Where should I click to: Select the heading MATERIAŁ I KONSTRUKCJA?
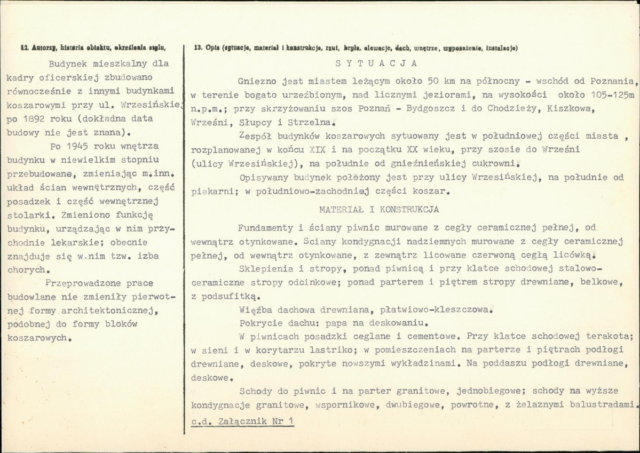[x=379, y=210]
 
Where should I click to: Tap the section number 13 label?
[x=196, y=48]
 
